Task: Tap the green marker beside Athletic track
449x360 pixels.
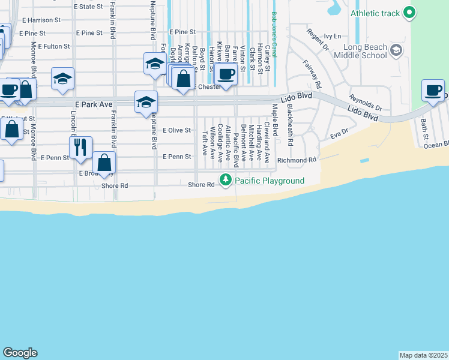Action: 409,12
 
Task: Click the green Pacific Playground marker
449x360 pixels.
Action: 226,179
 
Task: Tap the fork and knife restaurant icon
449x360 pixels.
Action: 80,146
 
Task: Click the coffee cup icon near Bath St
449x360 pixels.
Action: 433,91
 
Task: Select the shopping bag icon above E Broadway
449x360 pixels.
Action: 104,162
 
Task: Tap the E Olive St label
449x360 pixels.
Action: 176,130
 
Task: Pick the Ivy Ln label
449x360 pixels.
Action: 332,36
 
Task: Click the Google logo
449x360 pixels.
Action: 20,353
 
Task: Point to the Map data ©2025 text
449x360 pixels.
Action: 424,355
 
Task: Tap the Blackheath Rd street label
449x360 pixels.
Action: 289,126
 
